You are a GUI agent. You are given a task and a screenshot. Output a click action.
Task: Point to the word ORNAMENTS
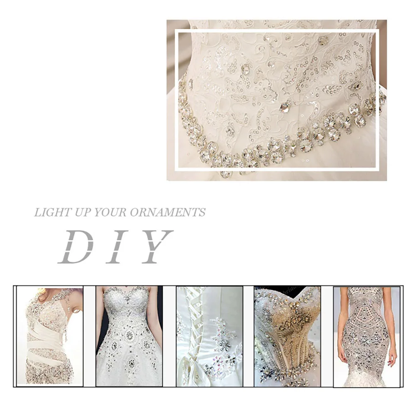[x=168, y=213]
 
